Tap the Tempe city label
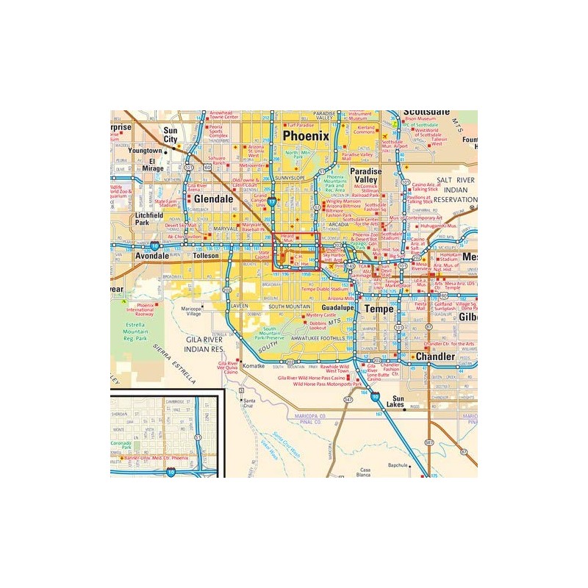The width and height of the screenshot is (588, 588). coord(379,309)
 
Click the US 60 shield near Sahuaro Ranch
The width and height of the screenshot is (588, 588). coord(208,168)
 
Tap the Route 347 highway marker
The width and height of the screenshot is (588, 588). coord(348,399)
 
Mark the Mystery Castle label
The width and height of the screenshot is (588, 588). coord(320,315)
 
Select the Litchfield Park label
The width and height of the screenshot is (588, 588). coord(153,218)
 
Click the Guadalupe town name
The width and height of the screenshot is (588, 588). coord(339,309)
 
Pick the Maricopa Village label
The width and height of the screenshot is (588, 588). coord(193,310)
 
